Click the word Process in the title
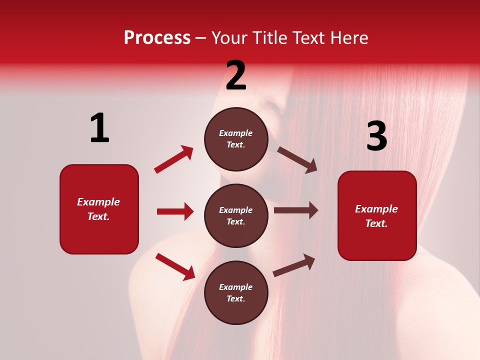click(x=157, y=38)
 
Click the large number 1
click(x=99, y=128)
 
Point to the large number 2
click(x=236, y=75)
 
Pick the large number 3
click(x=376, y=136)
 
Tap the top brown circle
click(x=236, y=139)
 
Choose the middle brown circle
click(x=236, y=216)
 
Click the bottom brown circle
click(x=236, y=293)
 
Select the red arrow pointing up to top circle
click(x=174, y=159)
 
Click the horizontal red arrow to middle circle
click(x=175, y=211)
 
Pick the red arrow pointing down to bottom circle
click(x=175, y=266)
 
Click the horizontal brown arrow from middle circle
click(x=296, y=210)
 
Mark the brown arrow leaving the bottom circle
click(x=294, y=265)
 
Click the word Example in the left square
click(x=98, y=202)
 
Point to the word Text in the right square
click(x=375, y=223)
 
